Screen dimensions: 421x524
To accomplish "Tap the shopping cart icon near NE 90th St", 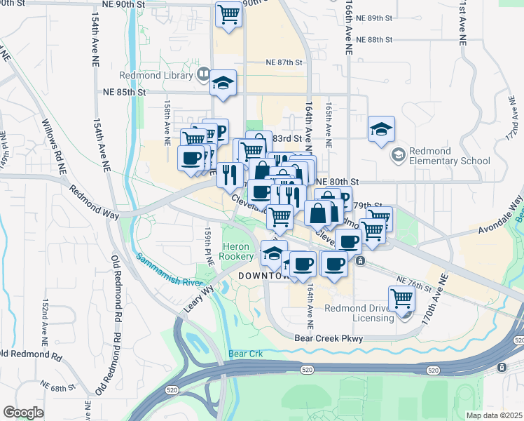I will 228,13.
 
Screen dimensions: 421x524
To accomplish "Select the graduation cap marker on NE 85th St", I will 223,83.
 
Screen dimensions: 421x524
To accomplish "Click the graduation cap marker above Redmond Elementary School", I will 381,129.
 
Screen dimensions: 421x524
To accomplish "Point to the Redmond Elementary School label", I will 450,156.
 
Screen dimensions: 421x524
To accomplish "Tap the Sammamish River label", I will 169,270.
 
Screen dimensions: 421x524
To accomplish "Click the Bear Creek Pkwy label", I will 331,337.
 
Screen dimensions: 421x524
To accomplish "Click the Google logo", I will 23,413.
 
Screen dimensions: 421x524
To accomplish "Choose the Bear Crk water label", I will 245,354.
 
